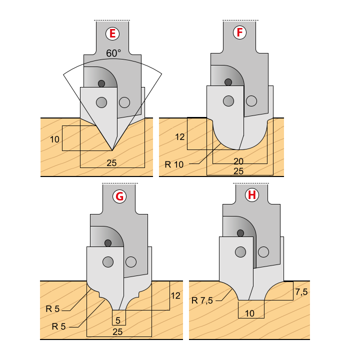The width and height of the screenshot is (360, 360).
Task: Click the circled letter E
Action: (112, 34)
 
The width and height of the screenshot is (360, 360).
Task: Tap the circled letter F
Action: (239, 32)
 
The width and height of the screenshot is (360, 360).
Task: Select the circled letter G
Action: (119, 196)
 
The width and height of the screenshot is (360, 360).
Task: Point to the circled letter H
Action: (252, 195)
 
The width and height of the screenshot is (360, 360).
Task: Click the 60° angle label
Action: (113, 53)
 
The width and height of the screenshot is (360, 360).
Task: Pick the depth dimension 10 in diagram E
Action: (54, 139)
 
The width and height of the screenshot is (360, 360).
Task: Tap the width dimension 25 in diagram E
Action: (111, 163)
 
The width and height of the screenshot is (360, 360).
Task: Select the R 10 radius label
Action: (174, 164)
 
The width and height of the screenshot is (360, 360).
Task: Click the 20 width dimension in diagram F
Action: (238, 161)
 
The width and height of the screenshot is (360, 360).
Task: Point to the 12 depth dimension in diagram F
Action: (180, 137)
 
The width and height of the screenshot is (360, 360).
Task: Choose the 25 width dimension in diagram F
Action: (238, 171)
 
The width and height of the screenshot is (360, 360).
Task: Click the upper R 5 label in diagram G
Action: (52, 309)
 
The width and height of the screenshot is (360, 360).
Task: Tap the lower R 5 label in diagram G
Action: (59, 326)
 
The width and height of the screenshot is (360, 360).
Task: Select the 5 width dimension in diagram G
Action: (118, 320)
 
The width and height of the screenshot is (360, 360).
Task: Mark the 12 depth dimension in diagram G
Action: (175, 295)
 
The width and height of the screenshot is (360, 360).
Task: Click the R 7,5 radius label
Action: (202, 300)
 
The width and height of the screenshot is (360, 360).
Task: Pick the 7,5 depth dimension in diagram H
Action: (301, 292)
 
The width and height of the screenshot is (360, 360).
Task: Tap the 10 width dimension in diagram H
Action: (249, 313)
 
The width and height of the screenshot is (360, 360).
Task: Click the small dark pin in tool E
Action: (101, 83)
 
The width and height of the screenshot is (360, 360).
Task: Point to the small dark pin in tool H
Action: (240, 233)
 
